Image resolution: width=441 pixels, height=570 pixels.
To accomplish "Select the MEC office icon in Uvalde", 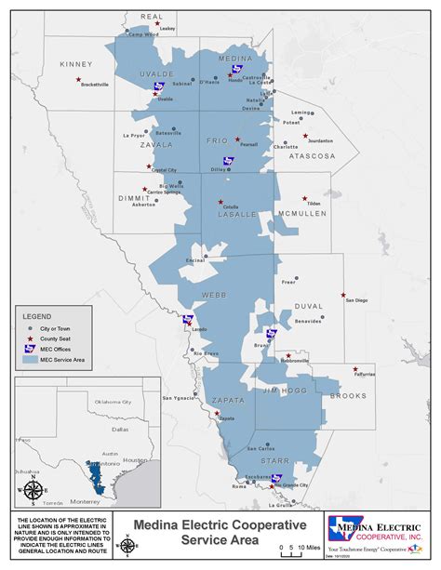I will (x=159, y=87).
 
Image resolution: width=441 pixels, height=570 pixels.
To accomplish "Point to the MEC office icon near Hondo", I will (x=236, y=69).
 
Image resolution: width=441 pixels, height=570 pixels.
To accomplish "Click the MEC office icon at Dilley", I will (x=230, y=161).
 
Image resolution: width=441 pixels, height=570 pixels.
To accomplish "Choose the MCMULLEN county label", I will (x=302, y=214).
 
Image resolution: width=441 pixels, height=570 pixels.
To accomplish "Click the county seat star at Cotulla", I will (x=220, y=201).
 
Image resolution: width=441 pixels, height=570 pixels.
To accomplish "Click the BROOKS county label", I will (x=348, y=396).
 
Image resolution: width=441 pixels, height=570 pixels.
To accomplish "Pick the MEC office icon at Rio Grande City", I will (x=276, y=479).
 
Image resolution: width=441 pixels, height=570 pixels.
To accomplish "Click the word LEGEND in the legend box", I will (x=39, y=316).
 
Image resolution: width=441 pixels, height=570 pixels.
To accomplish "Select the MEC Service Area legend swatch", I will (x=30, y=358).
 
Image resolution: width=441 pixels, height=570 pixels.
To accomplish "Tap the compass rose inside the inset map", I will (x=33, y=489).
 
